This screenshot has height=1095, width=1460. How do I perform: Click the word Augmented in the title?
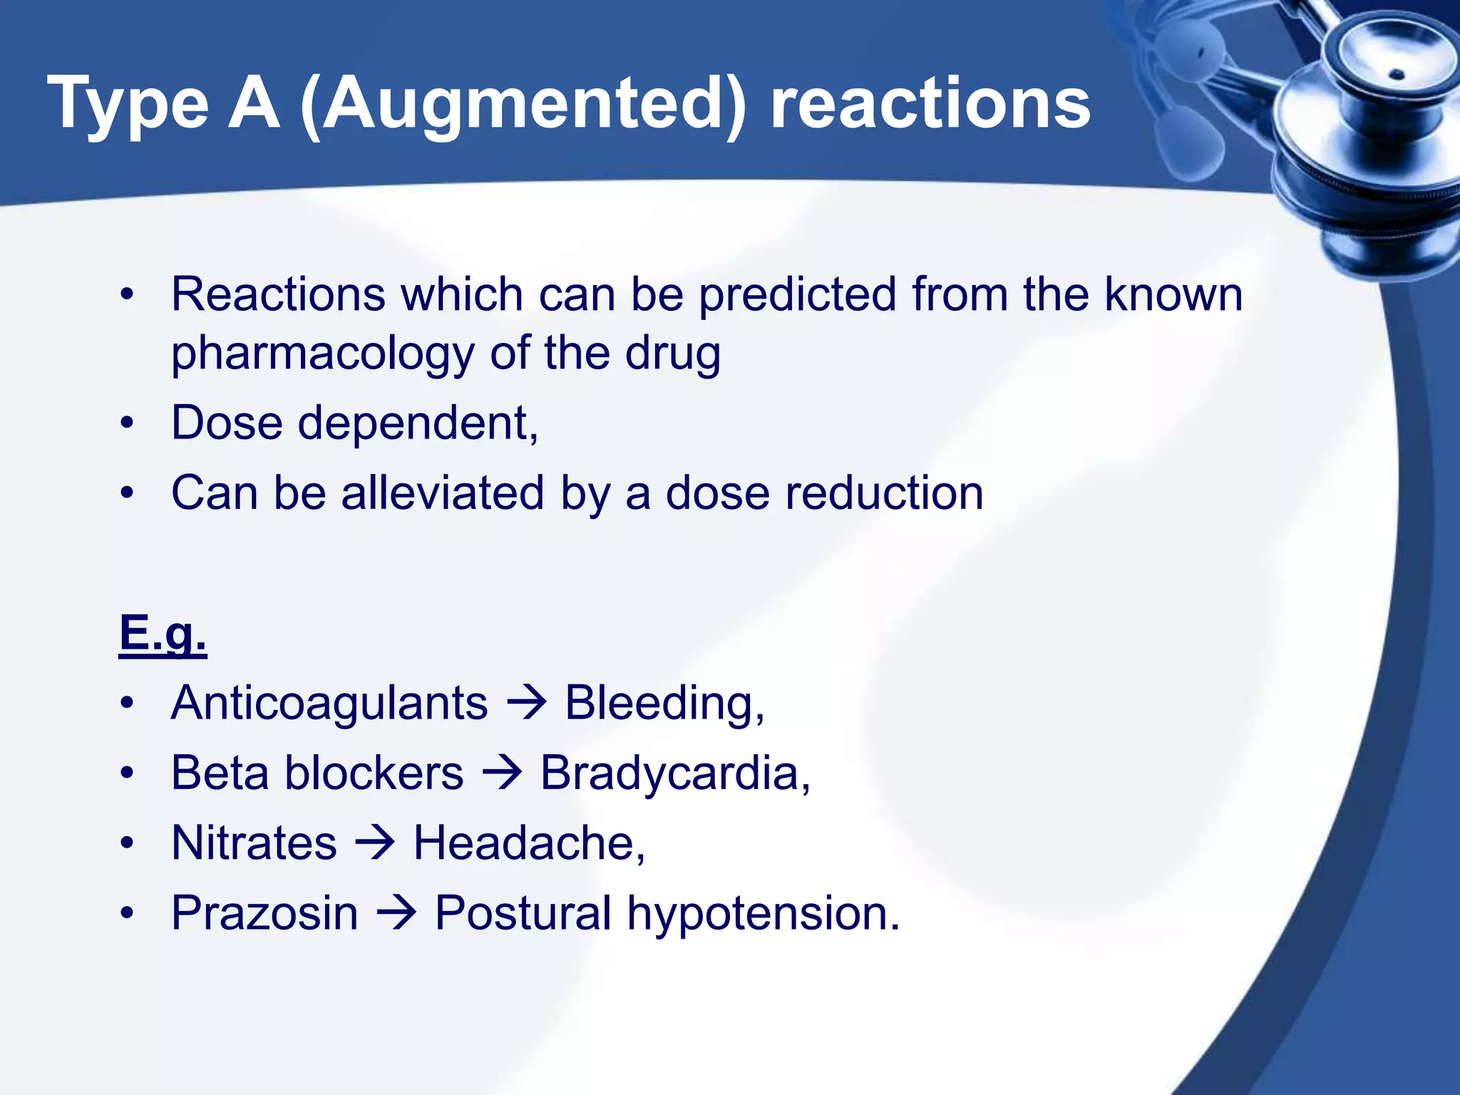point(524,105)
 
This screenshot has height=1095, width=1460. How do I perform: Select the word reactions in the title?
point(930,105)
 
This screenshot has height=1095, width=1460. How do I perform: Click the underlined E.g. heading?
point(163,633)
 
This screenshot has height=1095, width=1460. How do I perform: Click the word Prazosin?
point(264,913)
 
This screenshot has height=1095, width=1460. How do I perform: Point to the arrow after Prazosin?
point(396,913)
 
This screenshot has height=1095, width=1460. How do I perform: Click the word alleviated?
point(443,493)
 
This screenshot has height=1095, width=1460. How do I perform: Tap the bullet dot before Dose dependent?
point(127,423)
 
